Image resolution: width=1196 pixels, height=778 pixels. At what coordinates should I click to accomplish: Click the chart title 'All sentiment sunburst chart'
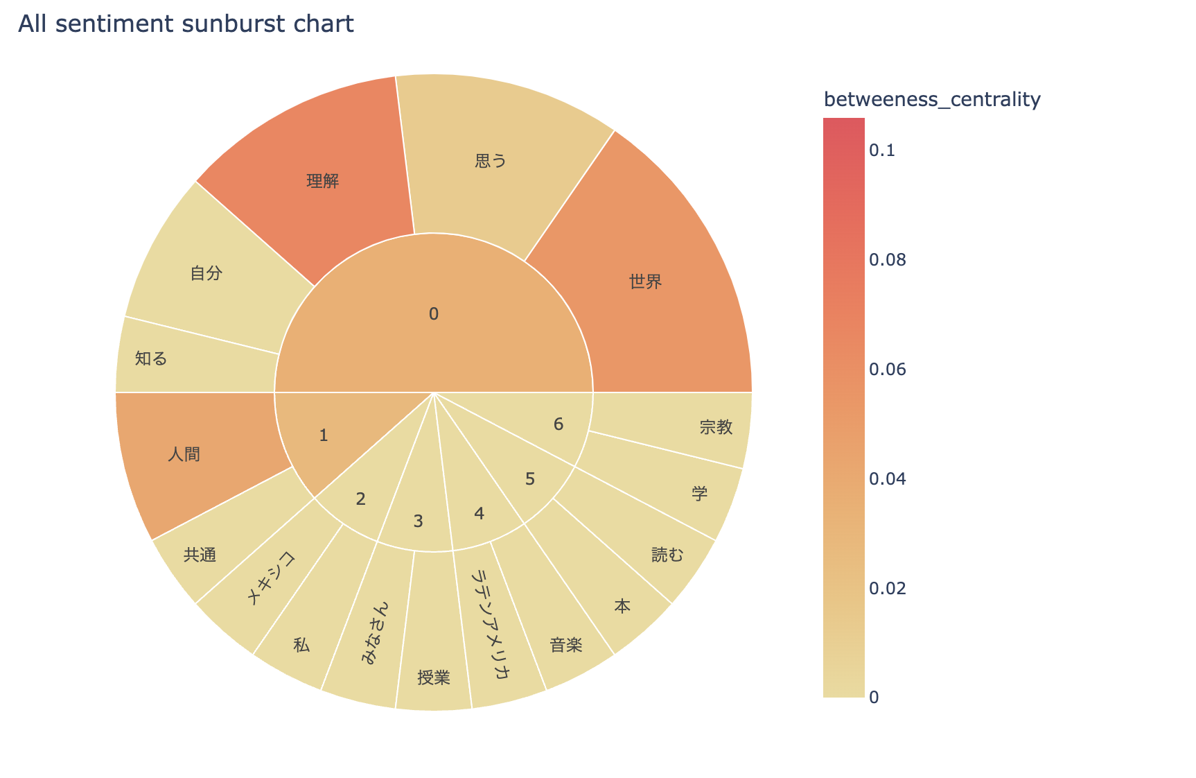coord(186,24)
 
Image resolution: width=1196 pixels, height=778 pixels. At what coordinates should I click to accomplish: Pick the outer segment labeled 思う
coord(491,161)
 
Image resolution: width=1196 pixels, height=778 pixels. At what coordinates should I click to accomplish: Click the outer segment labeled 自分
coord(206,273)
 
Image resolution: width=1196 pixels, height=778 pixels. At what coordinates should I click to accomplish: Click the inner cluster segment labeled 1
coord(324,435)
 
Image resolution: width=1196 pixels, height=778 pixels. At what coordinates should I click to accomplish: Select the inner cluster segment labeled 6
coord(559,424)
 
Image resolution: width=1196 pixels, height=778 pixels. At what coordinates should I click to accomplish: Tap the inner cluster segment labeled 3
coord(418,521)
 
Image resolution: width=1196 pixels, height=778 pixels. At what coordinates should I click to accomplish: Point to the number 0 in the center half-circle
coord(434,314)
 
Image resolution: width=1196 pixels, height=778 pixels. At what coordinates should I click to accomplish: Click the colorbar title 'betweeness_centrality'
coord(932,100)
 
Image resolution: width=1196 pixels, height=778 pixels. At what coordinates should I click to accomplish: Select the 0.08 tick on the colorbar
coord(886,260)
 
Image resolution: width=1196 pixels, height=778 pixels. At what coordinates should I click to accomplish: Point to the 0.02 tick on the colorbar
coord(886,588)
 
